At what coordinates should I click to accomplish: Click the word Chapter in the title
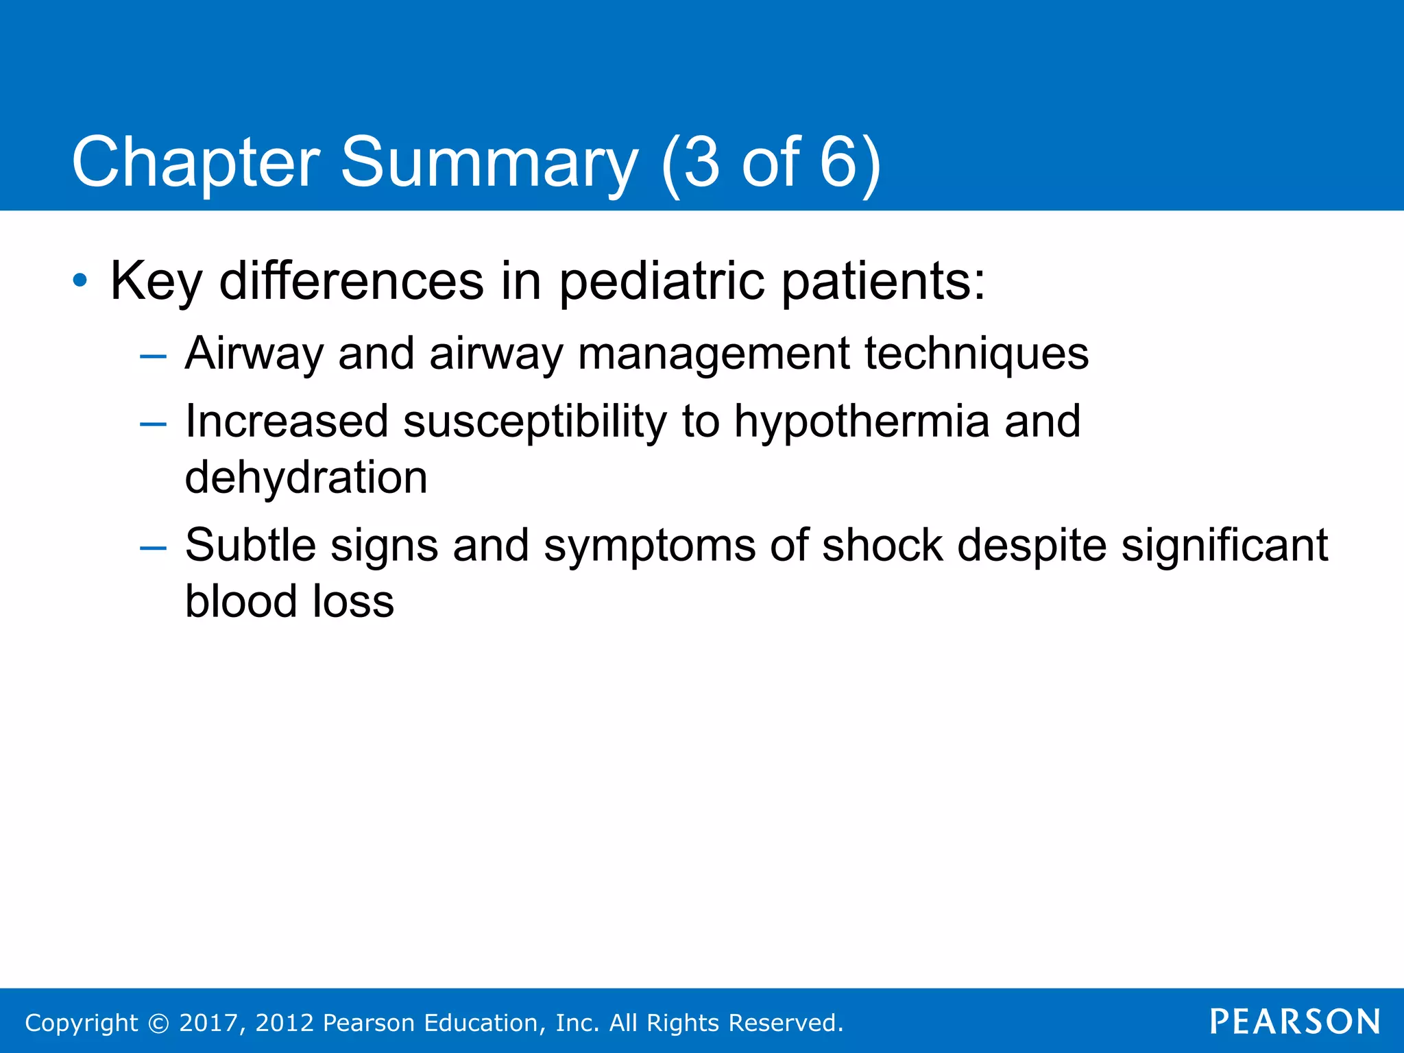coord(195,163)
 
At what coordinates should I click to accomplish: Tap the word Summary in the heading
coord(489,163)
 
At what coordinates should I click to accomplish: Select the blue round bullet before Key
coord(80,280)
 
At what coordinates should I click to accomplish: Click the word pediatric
coord(661,282)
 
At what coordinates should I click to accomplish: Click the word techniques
coord(976,354)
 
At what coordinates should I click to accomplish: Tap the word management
coord(713,355)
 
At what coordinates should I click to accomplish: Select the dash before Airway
coord(152,356)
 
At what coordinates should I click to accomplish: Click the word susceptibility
coord(535,422)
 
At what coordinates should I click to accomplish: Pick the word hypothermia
coord(862,422)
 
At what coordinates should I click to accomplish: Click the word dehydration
coord(306,478)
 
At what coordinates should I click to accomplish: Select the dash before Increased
coord(152,424)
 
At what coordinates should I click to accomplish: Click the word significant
coord(1224,546)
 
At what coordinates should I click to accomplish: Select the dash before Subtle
coord(152,548)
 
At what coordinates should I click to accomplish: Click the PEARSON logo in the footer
coord(1294,1022)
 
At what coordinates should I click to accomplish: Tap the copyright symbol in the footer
coord(158,1024)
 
